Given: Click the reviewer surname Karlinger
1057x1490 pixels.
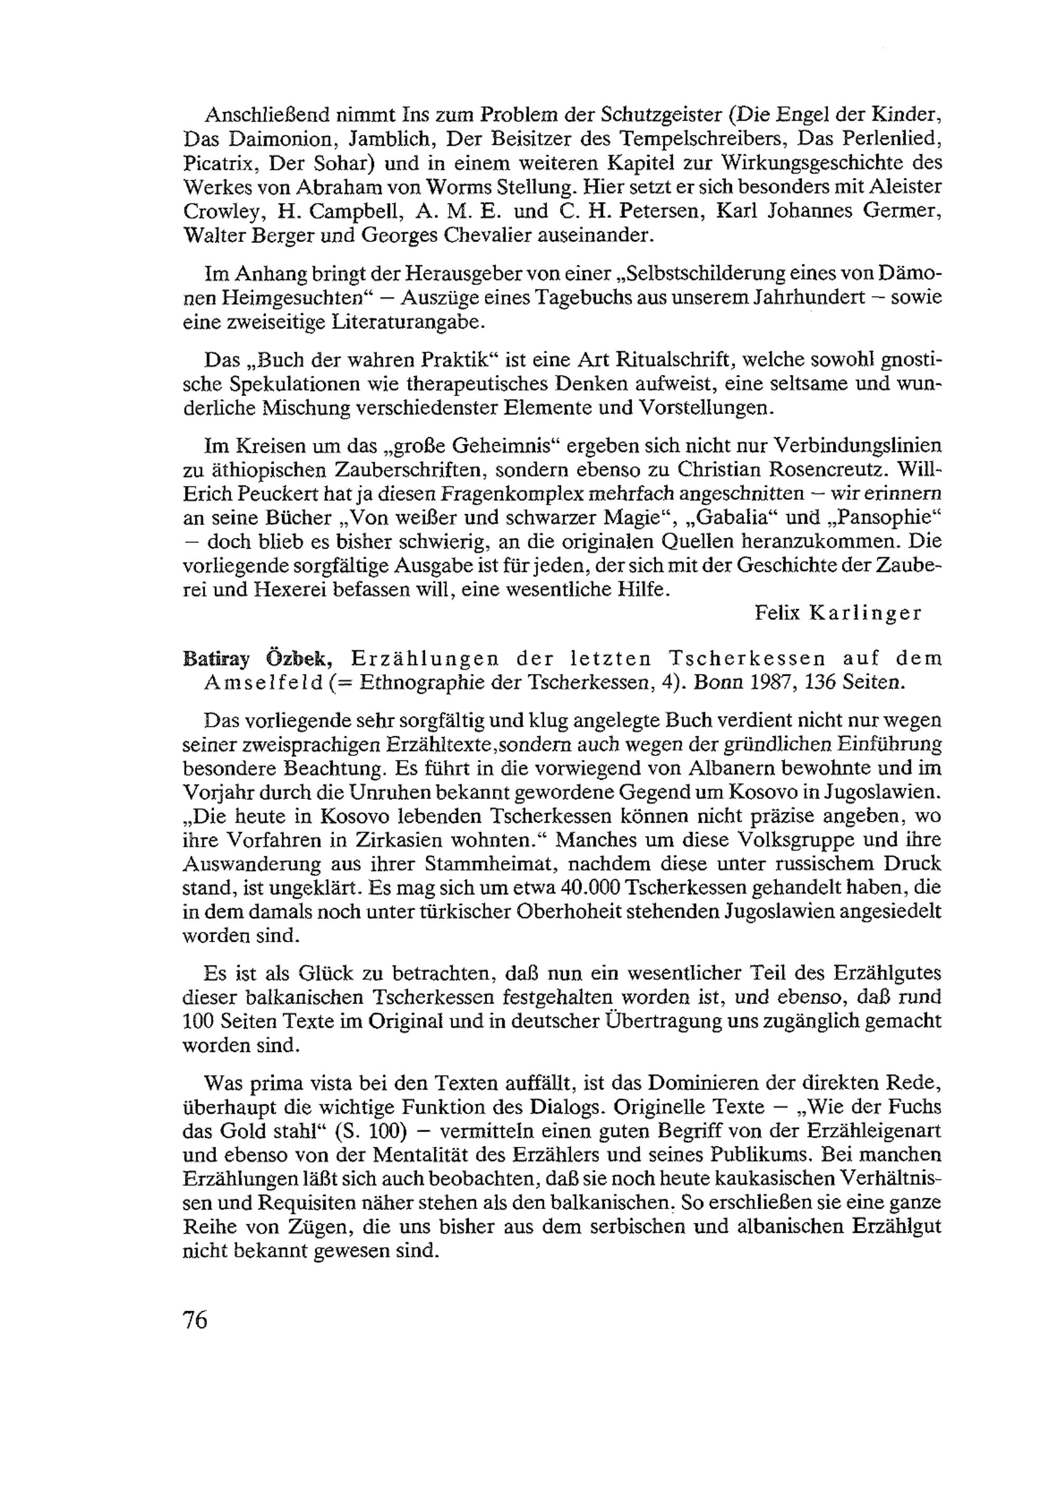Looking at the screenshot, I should pos(865,614).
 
